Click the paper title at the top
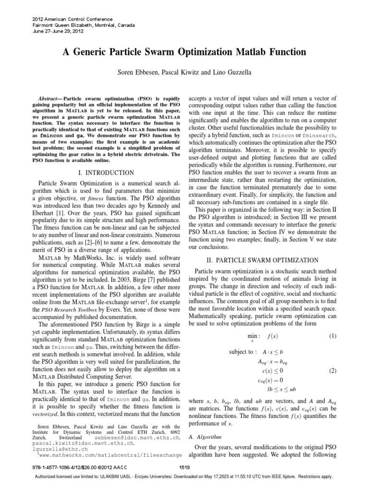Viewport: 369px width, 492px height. click(x=184, y=52)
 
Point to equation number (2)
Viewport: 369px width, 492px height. click(x=333, y=371)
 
